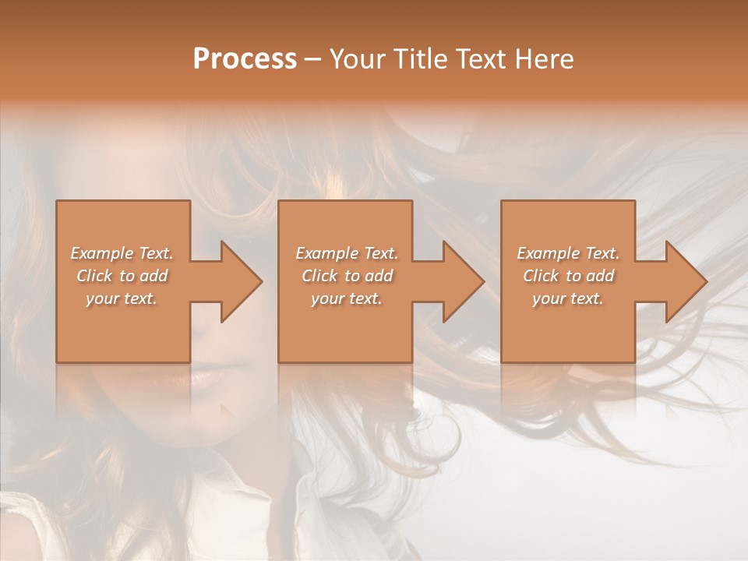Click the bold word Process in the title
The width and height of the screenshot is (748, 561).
pos(245,59)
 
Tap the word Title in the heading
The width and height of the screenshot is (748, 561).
pos(417,59)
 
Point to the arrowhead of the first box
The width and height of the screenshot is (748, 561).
pos(241,281)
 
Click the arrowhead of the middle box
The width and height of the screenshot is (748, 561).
pos(463,281)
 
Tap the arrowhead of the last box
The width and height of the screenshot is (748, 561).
pos(686,281)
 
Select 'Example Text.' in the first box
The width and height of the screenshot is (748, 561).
pos(122,253)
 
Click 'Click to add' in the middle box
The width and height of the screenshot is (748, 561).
pos(347,276)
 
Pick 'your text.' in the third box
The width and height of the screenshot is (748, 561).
pos(568,298)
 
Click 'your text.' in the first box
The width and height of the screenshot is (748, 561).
pos(122,298)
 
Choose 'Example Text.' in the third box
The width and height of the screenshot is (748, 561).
pos(568,253)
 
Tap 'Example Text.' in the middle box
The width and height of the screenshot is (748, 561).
pos(347,253)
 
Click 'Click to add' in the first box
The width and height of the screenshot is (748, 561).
pos(122,276)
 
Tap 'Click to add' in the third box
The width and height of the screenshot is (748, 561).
pos(568,276)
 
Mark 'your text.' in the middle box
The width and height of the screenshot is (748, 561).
pos(347,298)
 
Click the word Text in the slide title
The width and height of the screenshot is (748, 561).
pos(480,59)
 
